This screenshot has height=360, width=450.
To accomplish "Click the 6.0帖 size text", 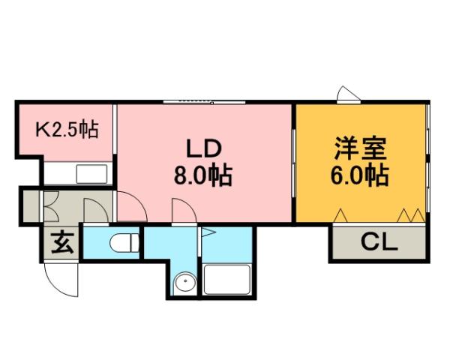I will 360,177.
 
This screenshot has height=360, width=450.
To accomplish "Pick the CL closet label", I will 379,241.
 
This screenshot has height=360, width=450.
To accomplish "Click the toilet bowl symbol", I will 124,243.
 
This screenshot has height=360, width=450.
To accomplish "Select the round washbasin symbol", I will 184,283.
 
